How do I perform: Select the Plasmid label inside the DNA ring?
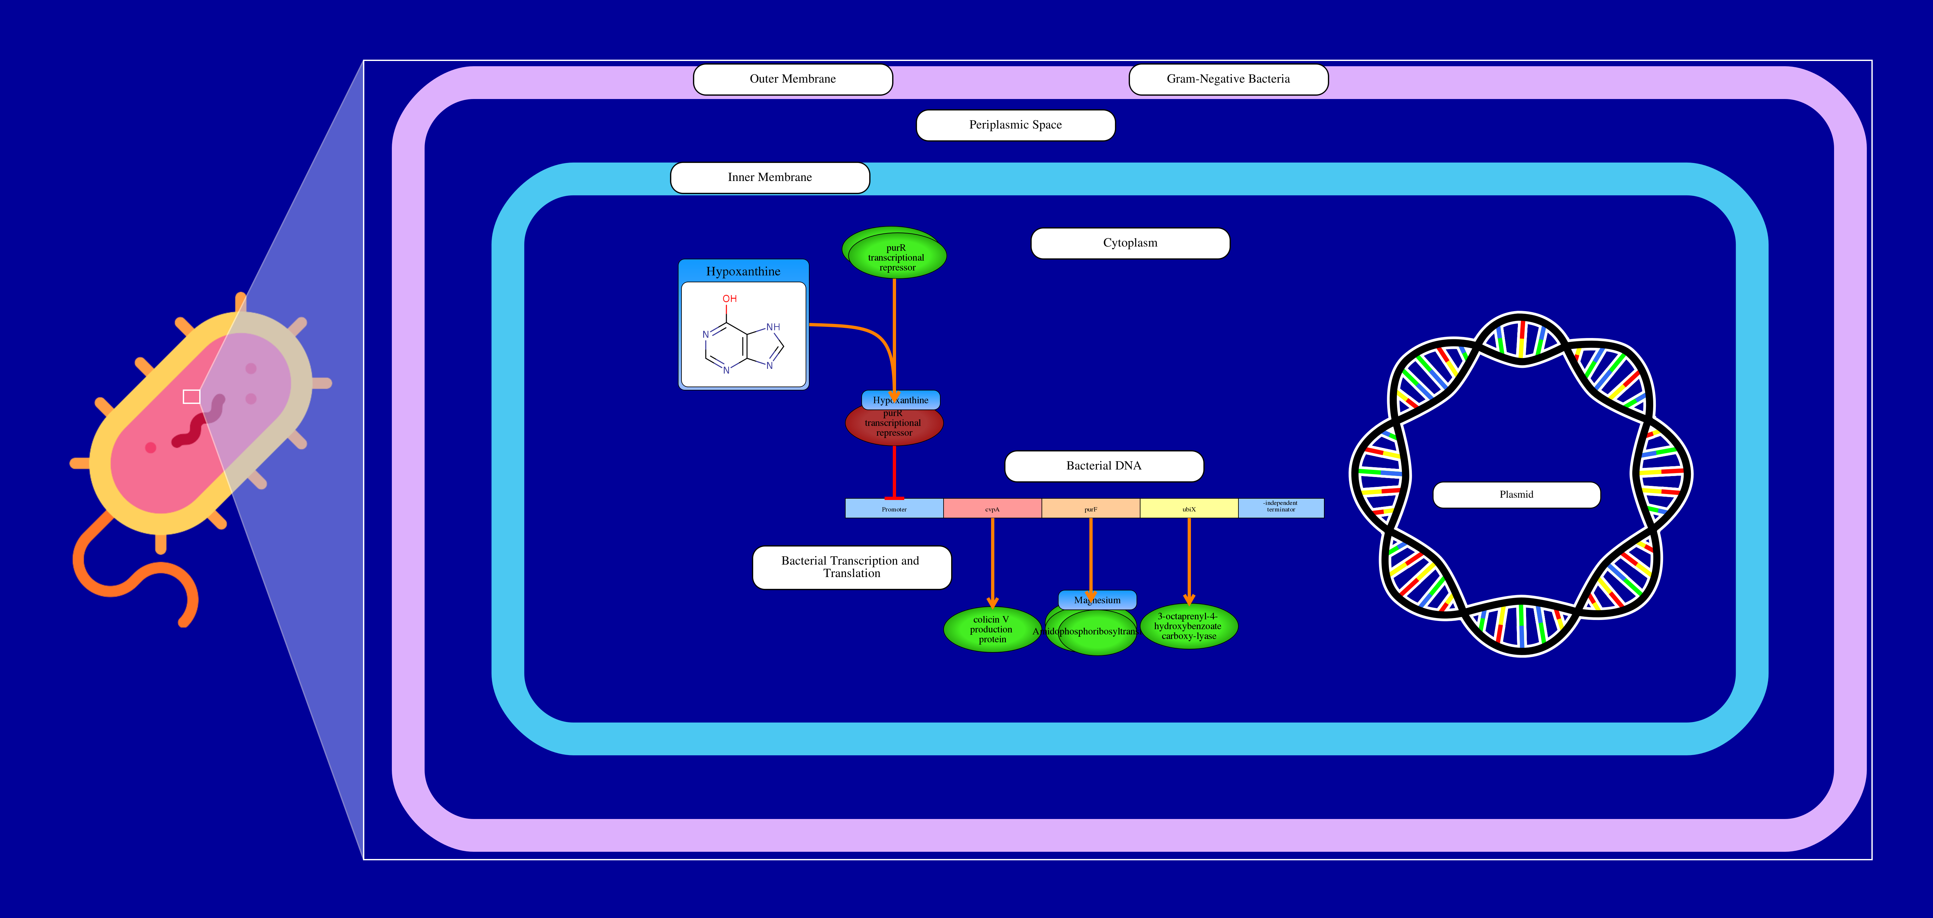tap(1516, 495)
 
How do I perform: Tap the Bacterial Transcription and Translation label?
tap(851, 568)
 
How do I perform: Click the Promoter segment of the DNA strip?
tap(894, 509)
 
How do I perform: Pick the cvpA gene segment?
tap(992, 509)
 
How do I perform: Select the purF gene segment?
tap(1090, 509)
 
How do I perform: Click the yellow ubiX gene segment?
tap(1189, 509)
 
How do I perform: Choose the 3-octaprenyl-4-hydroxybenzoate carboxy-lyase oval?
tap(1189, 627)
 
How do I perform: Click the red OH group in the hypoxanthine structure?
tap(729, 299)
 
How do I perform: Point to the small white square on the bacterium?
tap(191, 396)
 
